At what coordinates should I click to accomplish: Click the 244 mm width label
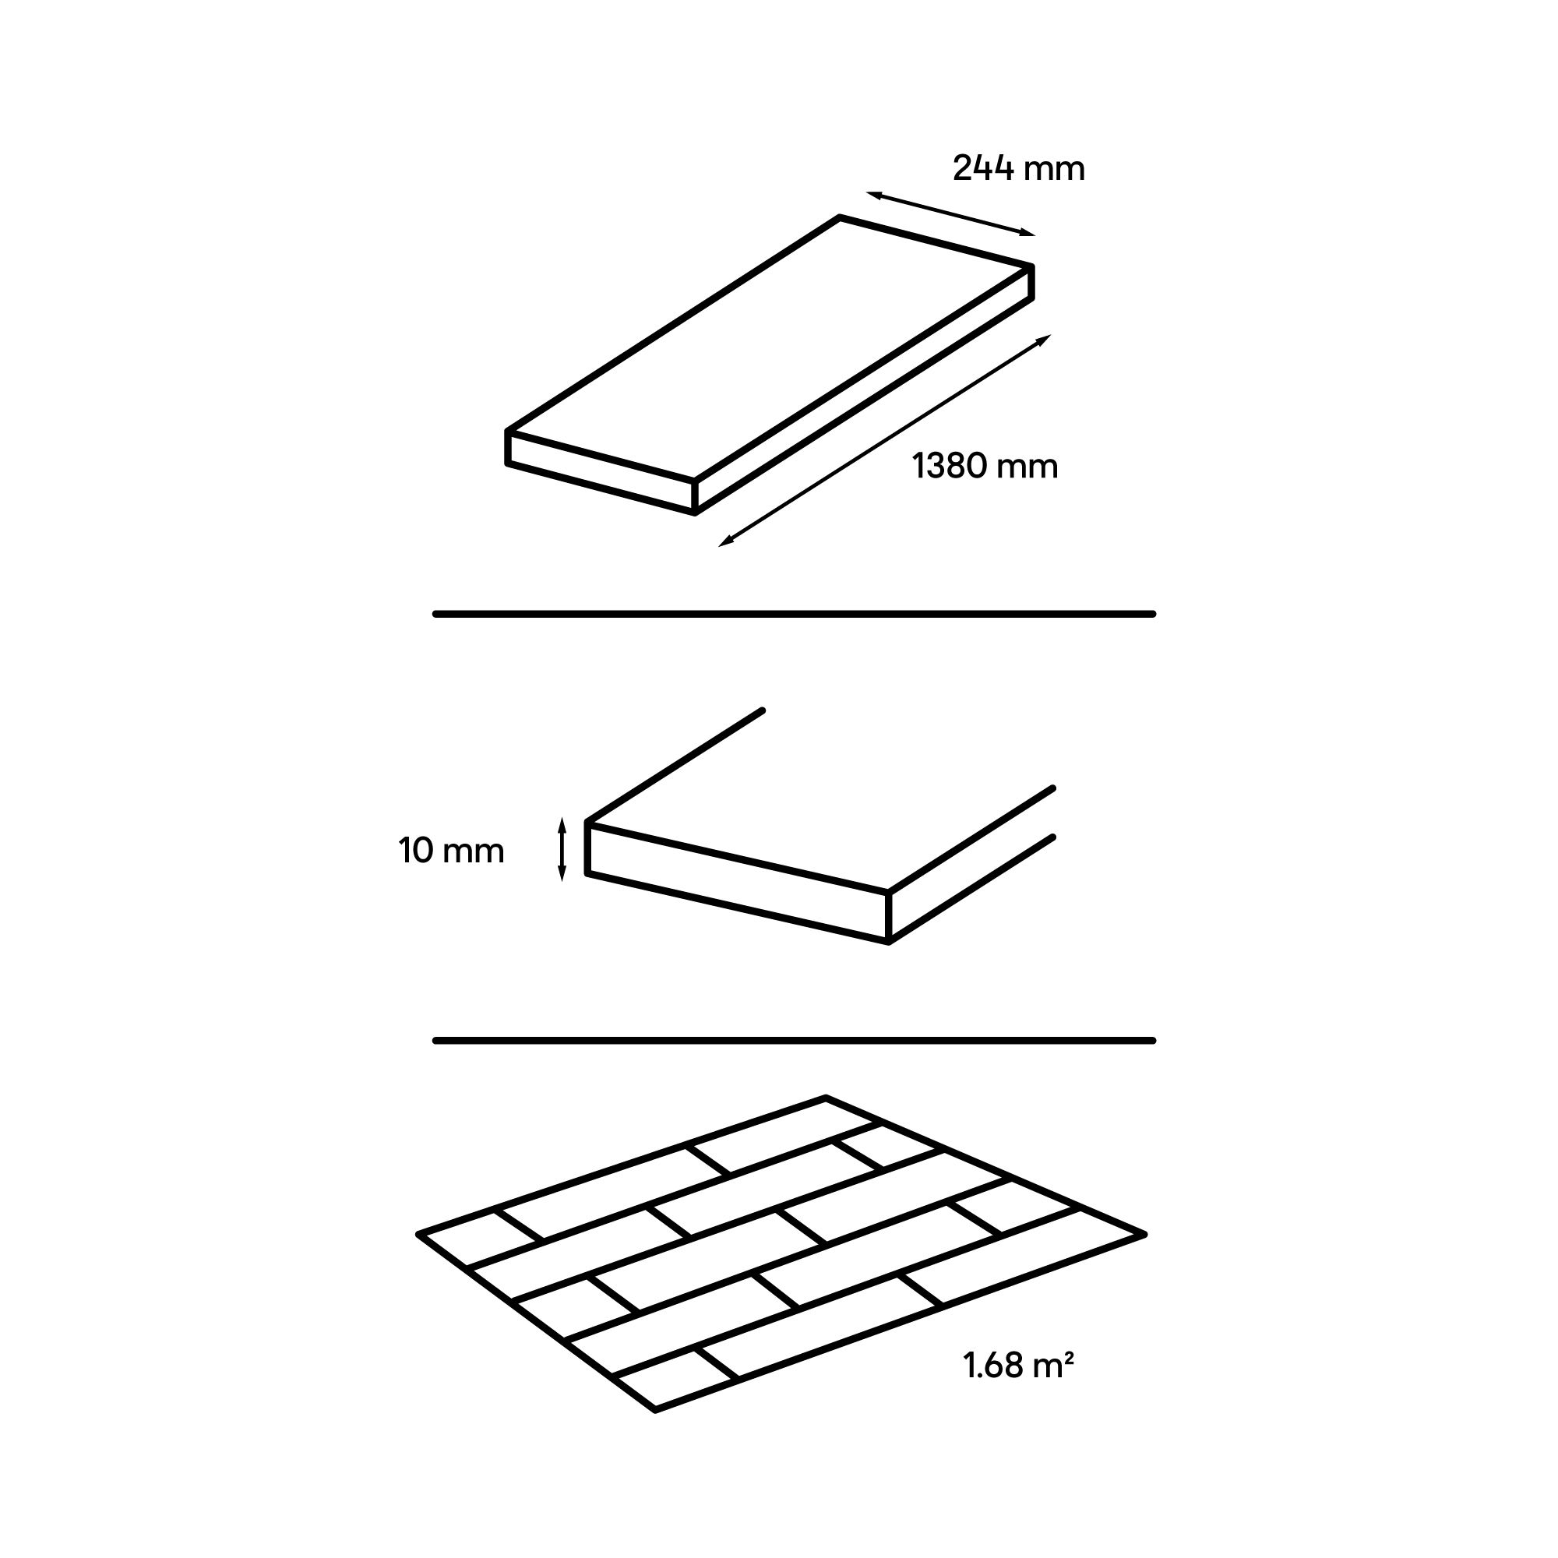tap(1018, 168)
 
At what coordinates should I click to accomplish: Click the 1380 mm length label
tap(985, 467)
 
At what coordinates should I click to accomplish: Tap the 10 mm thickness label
tap(452, 851)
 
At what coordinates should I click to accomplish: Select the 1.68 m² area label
tap(1017, 1366)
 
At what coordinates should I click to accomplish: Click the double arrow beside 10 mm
tap(562, 850)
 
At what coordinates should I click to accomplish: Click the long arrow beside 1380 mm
tap(885, 440)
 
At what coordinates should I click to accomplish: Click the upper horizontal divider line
tap(795, 615)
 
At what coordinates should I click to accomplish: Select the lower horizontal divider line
tap(795, 1041)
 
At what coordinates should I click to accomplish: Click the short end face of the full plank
tap(601, 472)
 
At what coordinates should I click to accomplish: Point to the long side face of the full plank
tap(864, 390)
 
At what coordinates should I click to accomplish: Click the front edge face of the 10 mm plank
tap(737, 883)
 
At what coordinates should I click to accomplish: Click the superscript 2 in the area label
tap(1069, 1357)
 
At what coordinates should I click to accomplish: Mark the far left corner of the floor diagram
tap(418, 1235)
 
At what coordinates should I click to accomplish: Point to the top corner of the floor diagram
tap(826, 1098)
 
